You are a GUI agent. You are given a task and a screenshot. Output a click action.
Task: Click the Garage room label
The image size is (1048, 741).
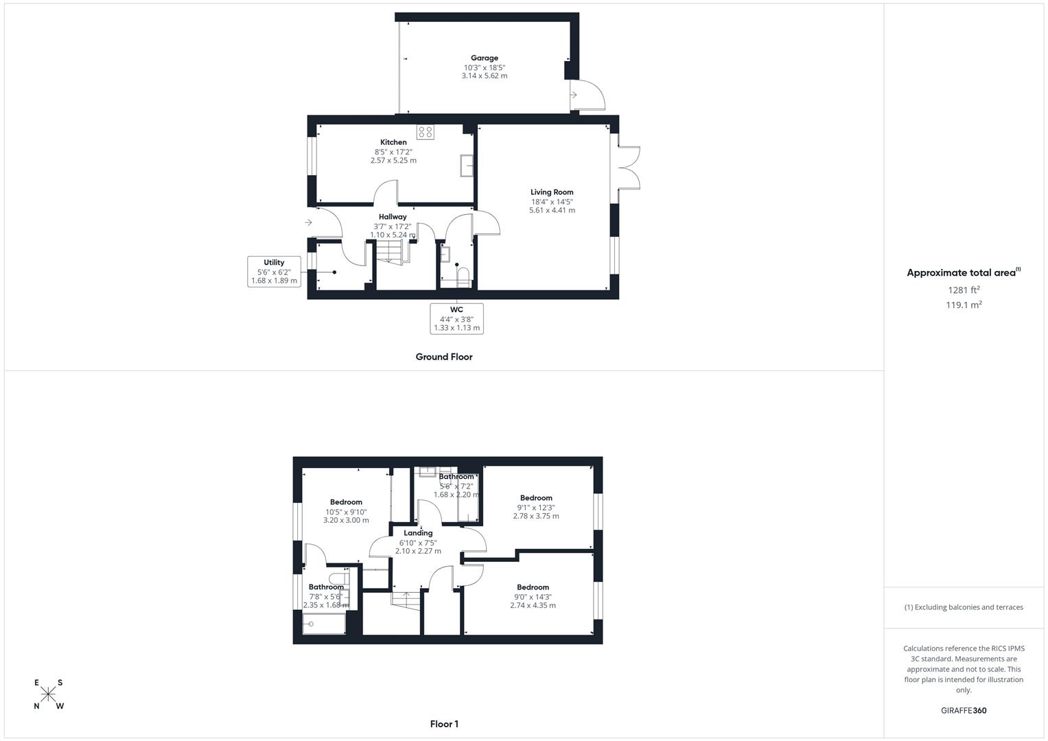coord(484,58)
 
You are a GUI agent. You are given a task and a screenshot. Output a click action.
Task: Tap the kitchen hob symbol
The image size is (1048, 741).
coord(425,132)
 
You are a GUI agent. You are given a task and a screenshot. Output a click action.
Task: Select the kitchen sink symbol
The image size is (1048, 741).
coord(467,165)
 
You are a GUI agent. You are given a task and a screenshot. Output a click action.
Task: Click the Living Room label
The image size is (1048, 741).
coord(552,193)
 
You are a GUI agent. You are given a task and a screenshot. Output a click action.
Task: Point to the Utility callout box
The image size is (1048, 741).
coord(274,271)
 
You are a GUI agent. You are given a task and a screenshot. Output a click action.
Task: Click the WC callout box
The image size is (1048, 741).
coord(456,318)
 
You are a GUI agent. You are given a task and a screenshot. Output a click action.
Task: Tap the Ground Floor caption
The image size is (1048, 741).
coord(444,357)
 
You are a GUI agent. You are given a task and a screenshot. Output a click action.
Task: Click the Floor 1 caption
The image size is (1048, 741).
coord(444,724)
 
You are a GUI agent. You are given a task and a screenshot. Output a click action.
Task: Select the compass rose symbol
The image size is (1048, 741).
coord(48,694)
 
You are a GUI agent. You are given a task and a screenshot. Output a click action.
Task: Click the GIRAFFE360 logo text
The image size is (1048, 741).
coord(964,711)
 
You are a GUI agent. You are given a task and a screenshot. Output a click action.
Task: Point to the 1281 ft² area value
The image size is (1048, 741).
coord(964,290)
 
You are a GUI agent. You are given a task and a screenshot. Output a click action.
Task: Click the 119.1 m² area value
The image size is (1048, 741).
coord(964,305)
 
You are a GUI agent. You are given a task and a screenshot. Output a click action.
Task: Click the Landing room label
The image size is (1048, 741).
coord(418,533)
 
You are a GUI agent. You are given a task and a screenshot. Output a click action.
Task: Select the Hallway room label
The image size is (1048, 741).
coord(393,217)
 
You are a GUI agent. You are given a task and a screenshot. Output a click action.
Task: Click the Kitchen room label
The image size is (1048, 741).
coord(393,143)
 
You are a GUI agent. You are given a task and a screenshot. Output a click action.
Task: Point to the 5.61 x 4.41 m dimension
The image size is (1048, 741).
coord(552,211)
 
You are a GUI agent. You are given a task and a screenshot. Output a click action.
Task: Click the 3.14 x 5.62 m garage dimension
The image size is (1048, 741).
coord(485,76)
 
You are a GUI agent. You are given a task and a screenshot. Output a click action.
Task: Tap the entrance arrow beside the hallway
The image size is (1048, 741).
coord(309,222)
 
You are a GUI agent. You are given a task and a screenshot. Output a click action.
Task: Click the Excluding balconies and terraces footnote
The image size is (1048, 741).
coord(964,607)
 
